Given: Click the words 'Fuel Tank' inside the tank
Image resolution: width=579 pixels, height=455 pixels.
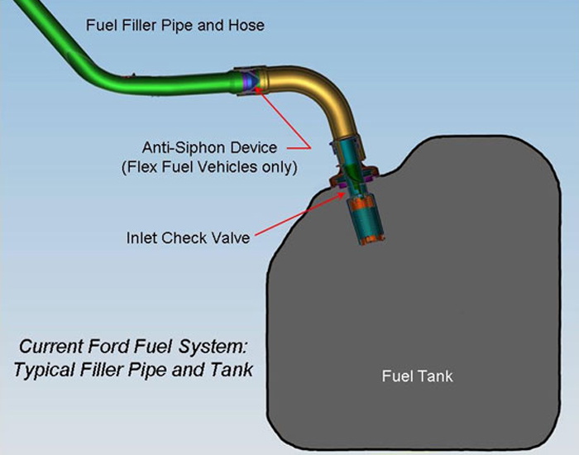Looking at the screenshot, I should point(417,376).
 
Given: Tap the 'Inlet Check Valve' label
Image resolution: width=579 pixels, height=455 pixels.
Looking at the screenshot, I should point(188,237).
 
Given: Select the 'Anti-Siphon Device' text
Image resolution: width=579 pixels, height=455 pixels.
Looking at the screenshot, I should point(209,148).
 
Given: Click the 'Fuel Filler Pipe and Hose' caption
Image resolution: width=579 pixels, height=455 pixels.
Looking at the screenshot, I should point(175,25).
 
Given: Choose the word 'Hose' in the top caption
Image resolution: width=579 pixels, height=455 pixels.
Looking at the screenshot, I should point(247,25).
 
